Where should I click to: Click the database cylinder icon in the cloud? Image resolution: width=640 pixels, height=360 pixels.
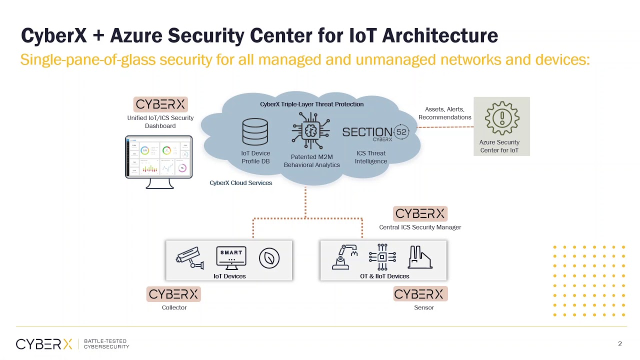pyautogui.click(x=255, y=132)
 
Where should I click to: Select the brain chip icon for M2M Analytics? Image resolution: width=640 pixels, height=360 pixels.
pyautogui.click(x=311, y=131)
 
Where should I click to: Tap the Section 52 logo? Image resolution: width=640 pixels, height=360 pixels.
pyautogui.click(x=375, y=132)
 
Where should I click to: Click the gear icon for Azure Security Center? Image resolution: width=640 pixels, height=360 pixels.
pyautogui.click(x=501, y=118)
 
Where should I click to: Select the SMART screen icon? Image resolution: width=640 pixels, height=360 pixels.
pyautogui.click(x=231, y=257)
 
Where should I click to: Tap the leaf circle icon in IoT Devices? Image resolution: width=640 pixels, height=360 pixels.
pyautogui.click(x=269, y=258)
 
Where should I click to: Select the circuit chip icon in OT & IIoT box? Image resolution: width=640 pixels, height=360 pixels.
pyautogui.click(x=382, y=257)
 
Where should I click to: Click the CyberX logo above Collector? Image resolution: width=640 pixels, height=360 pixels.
pyautogui.click(x=173, y=294)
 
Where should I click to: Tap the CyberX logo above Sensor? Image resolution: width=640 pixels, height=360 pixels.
pyautogui.click(x=419, y=294)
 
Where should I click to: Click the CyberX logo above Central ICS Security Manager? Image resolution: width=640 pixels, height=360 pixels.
pyautogui.click(x=420, y=214)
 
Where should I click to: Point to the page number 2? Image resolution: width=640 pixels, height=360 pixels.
pyautogui.click(x=620, y=343)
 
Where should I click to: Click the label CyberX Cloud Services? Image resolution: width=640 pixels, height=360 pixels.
pyautogui.click(x=241, y=183)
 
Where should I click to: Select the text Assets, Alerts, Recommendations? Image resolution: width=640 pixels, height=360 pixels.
pyautogui.click(x=444, y=113)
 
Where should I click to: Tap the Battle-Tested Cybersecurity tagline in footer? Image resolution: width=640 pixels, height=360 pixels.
pyautogui.click(x=106, y=343)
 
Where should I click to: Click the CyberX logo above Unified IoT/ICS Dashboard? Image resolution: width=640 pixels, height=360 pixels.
pyautogui.click(x=160, y=104)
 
